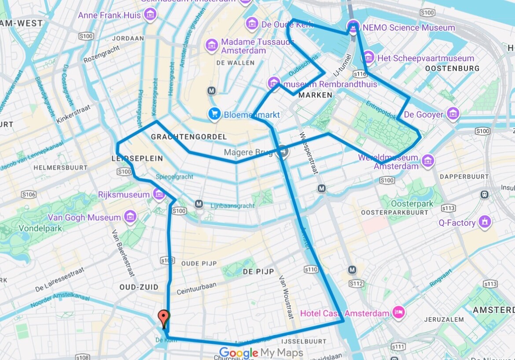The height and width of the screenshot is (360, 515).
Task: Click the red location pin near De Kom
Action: point(164,317)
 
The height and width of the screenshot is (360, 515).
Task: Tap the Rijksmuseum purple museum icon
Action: point(158,194)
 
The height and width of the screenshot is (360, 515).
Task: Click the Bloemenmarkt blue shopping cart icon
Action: point(214,114)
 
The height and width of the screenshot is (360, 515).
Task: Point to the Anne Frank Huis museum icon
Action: point(150,15)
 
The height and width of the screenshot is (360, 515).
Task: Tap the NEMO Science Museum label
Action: point(408,28)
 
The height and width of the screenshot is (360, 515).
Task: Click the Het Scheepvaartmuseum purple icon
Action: point(369,57)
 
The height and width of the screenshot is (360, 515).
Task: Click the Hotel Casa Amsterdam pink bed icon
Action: point(398,313)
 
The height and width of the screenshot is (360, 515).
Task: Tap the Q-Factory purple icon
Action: point(485,222)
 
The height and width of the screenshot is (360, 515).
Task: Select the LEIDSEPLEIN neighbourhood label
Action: point(137,158)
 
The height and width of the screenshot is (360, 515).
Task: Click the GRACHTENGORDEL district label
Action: point(189,137)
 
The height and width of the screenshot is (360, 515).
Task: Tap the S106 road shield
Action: point(29,194)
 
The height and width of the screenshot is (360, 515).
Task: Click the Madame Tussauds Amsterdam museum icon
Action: point(212,44)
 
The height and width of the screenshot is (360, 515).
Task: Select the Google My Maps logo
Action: point(261,353)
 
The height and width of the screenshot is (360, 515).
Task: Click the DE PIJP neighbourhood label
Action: point(258,272)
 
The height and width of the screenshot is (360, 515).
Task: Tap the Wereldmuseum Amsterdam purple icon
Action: point(427,161)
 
